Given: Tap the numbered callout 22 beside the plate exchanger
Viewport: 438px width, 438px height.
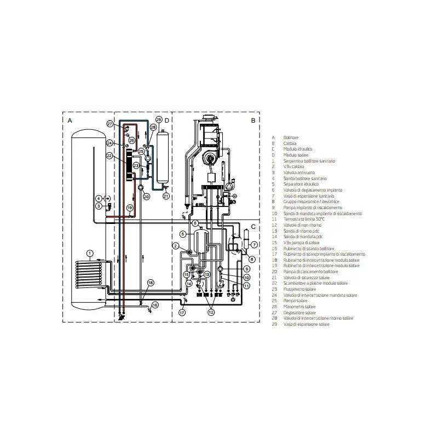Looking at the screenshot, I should tap(109, 157).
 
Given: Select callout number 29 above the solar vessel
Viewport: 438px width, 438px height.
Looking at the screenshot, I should tap(159, 119).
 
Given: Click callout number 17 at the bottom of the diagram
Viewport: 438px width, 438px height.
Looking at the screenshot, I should tap(182, 312).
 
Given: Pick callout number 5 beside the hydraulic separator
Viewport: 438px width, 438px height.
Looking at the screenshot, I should tap(183, 234).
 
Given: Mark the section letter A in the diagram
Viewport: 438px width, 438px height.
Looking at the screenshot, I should tap(70, 119).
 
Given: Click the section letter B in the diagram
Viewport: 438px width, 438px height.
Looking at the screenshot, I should tap(252, 119).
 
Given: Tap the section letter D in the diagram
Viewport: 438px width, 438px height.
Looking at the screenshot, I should tap(167, 119).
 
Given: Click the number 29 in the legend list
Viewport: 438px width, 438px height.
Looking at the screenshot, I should tap(274, 325).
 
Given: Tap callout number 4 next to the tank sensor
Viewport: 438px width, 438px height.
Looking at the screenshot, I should tap(99, 198).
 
